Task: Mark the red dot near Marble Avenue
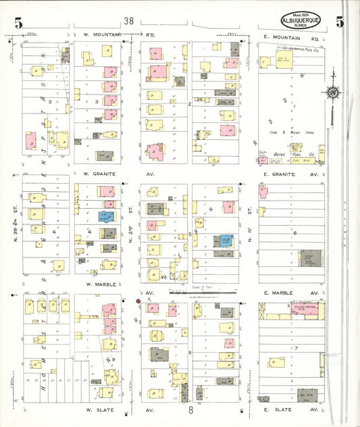click(138, 301)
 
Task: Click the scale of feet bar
click(203, 293)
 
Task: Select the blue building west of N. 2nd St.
click(105, 216)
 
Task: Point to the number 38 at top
click(128, 22)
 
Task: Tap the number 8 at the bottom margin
click(191, 409)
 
